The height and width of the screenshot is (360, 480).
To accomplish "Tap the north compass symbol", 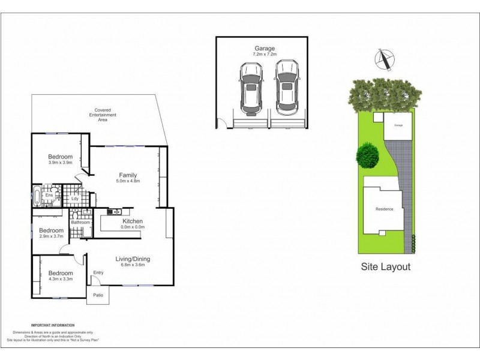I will pos(384,59).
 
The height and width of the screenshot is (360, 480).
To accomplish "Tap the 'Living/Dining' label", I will pos(133,259).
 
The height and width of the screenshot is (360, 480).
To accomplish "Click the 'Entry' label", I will pos(98,274).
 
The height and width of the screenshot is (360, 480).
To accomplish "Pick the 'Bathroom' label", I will pos(80,223).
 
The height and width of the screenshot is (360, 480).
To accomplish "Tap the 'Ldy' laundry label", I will pos(75,199).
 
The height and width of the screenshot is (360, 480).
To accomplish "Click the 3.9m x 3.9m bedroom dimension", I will pos(60,163).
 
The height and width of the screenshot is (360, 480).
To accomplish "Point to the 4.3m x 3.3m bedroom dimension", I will pos(61,279).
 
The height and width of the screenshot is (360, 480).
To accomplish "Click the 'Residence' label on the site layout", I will pos(384,209).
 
